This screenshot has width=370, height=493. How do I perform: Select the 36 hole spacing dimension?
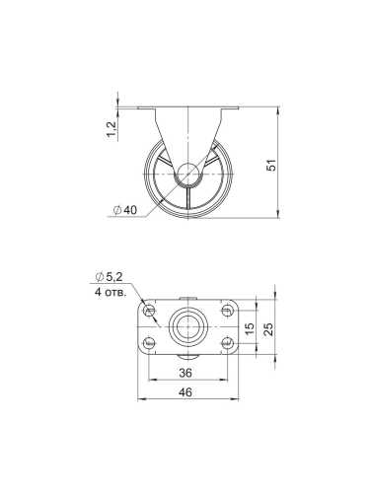point(185,373)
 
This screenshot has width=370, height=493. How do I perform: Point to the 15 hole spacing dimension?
point(251,327)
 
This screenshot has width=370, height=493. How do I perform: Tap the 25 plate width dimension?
point(268,327)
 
